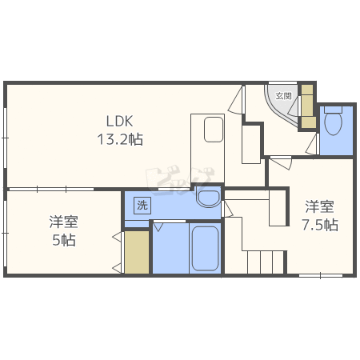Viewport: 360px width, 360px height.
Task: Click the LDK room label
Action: click(120, 122)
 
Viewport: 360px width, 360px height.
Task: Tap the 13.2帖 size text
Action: click(120, 139)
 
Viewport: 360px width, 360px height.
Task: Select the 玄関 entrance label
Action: click(283, 96)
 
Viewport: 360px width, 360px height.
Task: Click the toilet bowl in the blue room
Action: click(334, 123)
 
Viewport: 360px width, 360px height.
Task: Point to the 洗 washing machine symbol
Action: click(142, 205)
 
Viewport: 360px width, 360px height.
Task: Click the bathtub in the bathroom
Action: click(205, 249)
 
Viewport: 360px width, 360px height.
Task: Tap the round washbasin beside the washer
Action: click(208, 196)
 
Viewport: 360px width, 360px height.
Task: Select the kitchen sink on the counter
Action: click(214, 130)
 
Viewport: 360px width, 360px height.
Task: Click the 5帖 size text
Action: click(64, 240)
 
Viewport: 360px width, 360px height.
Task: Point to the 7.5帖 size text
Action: click(320, 225)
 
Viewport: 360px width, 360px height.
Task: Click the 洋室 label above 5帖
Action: click(64, 222)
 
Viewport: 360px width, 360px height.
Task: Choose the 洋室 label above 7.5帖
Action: click(319, 206)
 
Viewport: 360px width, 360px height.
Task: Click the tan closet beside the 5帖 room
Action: click(137, 252)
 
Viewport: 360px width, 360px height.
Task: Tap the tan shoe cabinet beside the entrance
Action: click(307, 106)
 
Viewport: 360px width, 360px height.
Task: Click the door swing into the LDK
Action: click(236, 99)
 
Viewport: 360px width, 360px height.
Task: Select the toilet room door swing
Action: click(312, 144)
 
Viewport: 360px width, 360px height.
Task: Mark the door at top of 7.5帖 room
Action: click(281, 163)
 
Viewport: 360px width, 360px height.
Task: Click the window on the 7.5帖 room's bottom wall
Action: click(321, 275)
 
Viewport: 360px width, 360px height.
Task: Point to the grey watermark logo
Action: click(180, 179)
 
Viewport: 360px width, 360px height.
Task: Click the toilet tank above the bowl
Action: click(333, 110)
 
